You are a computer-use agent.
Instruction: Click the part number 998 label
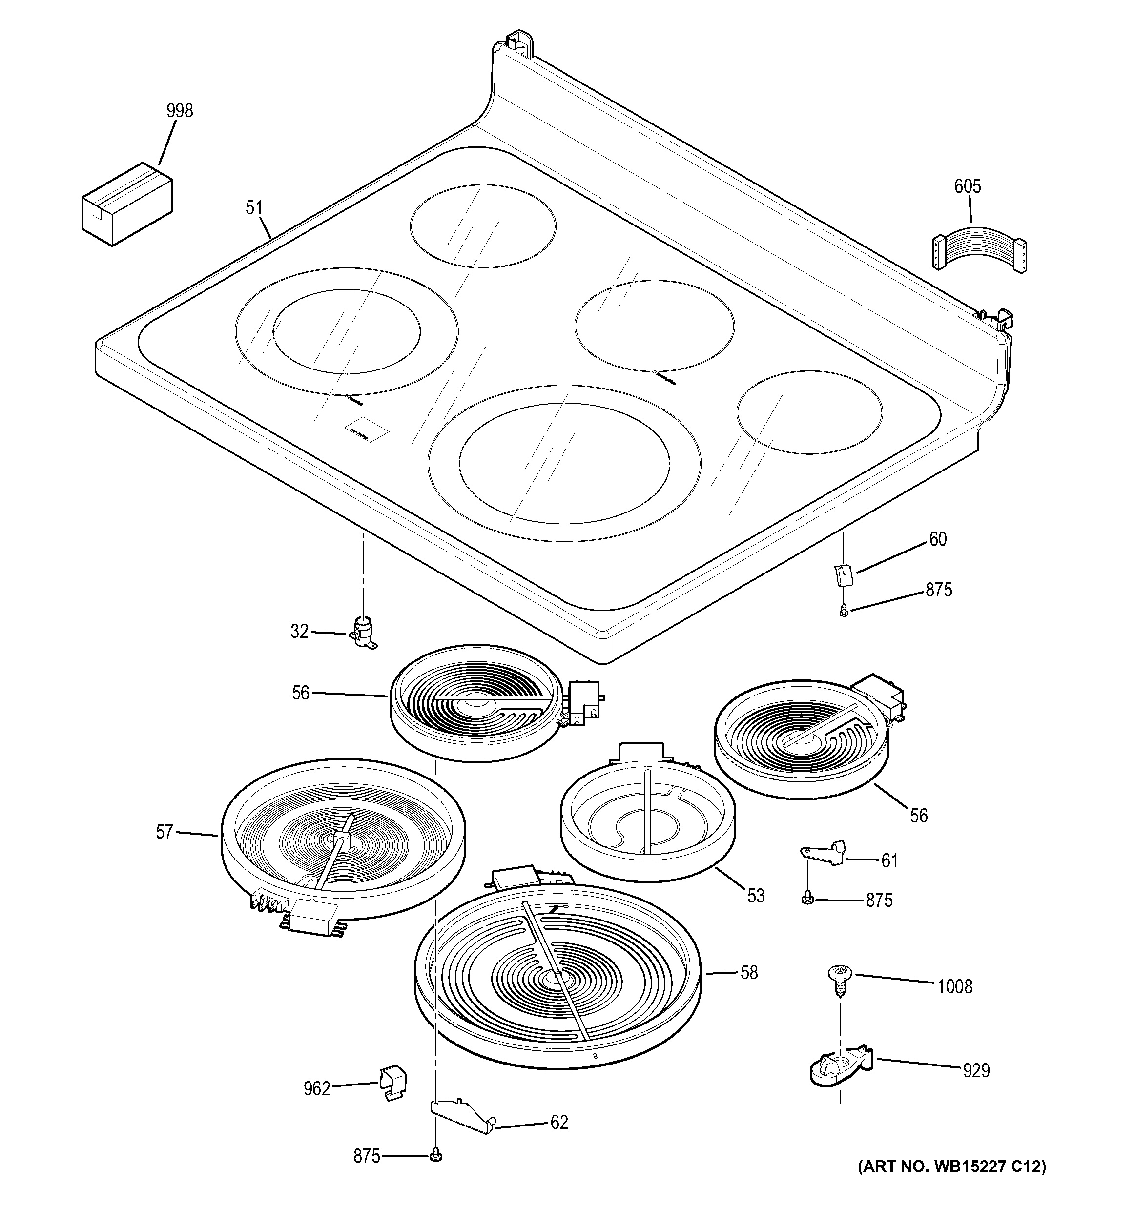[x=179, y=111]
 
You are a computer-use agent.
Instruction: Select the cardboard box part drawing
[x=127, y=204]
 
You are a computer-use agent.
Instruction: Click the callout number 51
[x=254, y=208]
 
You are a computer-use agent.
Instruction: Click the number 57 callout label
[x=165, y=832]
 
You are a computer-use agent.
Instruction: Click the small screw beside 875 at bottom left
[x=435, y=1156]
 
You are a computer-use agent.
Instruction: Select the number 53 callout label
[x=756, y=896]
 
